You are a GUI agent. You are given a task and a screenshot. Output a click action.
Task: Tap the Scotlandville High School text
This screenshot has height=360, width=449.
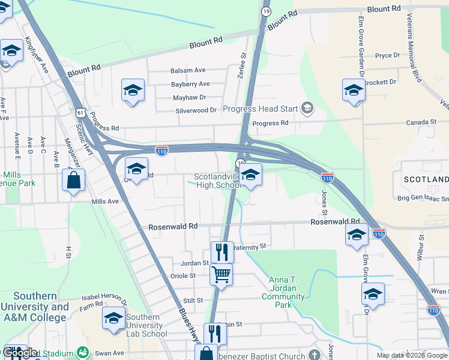217,181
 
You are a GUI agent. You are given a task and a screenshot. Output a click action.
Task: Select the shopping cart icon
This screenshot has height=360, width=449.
221,275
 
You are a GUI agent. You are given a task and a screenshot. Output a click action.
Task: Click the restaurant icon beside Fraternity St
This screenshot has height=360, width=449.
221,252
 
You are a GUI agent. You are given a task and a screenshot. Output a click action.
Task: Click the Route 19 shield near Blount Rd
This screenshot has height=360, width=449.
266,11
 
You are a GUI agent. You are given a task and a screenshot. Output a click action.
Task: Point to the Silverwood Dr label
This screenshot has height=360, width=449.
196,110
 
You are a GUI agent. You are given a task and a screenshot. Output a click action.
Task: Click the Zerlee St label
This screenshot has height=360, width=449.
244,63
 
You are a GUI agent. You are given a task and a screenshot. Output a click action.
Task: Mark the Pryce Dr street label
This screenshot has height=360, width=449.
387,56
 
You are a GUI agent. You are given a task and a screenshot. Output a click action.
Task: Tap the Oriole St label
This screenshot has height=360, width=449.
184,276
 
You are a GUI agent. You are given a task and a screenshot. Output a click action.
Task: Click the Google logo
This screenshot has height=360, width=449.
20,353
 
